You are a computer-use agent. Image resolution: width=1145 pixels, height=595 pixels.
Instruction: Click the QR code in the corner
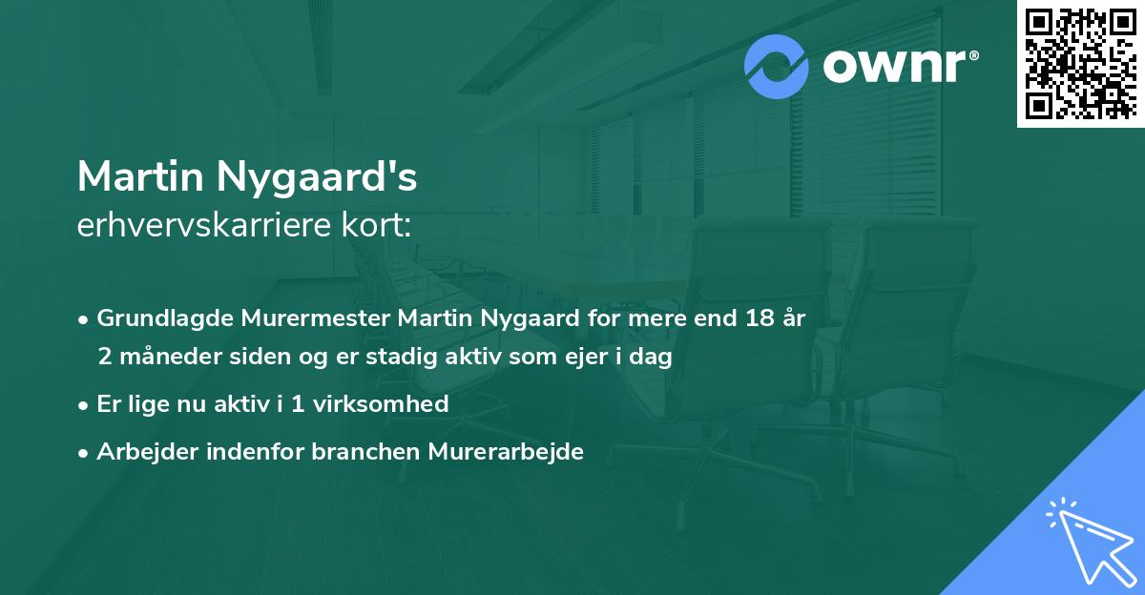(x=1080, y=64)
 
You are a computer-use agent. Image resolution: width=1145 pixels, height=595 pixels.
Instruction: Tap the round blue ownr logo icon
(x=777, y=67)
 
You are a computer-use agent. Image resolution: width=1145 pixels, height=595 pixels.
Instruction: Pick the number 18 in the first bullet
(x=760, y=318)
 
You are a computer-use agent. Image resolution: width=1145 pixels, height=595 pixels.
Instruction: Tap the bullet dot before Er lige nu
(x=84, y=404)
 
